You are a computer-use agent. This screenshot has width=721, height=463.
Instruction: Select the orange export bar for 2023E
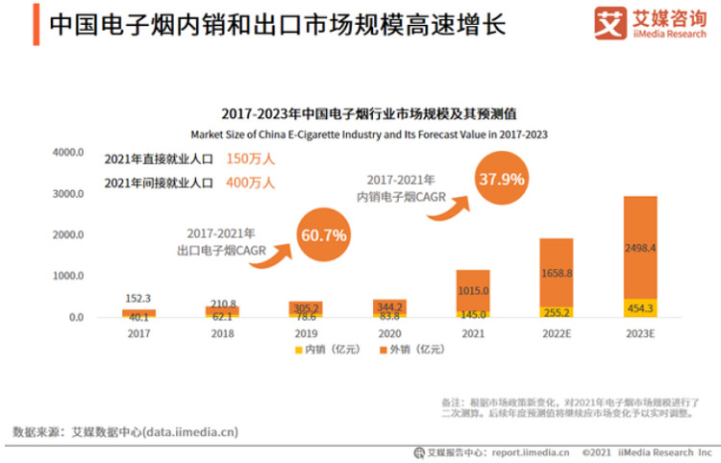click(x=639, y=247)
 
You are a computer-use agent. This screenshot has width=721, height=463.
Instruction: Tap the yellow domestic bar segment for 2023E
click(x=639, y=307)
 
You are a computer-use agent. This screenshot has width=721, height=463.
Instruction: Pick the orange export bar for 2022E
click(x=556, y=272)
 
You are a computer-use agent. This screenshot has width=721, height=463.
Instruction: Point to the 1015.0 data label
click(x=473, y=290)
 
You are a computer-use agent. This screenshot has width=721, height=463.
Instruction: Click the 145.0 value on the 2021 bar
click(x=473, y=314)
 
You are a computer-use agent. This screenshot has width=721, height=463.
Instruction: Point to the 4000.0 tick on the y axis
click(x=68, y=153)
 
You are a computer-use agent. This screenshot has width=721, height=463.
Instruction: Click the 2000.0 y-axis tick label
click(x=68, y=234)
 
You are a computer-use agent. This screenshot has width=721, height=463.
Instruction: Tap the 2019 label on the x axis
click(x=306, y=333)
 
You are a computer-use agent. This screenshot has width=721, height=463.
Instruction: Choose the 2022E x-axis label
click(x=556, y=333)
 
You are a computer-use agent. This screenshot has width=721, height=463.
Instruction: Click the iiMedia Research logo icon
click(x=607, y=23)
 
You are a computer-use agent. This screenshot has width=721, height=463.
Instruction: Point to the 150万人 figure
click(x=250, y=158)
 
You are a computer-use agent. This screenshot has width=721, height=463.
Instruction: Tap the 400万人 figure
click(x=250, y=183)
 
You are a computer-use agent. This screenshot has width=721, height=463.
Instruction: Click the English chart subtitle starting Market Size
click(x=368, y=134)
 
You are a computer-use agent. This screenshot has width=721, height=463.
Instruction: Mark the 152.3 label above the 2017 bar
click(x=138, y=299)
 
